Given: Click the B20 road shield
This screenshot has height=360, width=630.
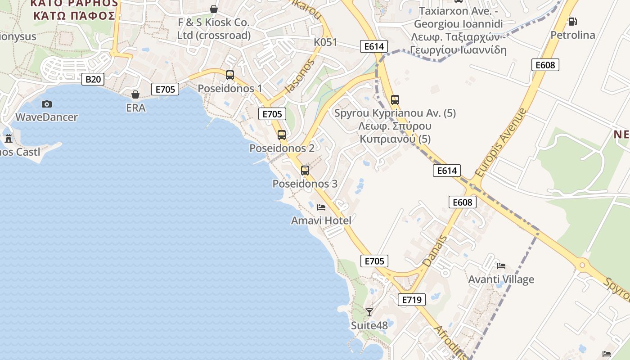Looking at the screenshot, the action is [93, 80].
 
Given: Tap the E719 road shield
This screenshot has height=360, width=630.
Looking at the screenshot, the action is [411, 300].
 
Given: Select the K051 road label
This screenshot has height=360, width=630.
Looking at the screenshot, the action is [325, 42].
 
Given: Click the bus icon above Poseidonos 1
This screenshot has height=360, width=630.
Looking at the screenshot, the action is [230, 75].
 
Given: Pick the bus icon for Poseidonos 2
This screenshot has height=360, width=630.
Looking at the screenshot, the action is [282, 135].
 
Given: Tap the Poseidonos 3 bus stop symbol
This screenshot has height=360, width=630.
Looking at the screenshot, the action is [305, 171].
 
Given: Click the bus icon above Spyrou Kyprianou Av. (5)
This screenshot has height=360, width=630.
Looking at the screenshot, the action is [395, 100].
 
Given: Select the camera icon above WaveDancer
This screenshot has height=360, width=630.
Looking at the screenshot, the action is [46, 104].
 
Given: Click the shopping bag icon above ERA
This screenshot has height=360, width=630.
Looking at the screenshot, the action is [135, 94].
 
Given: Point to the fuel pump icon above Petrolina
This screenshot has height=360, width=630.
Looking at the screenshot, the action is [573, 21].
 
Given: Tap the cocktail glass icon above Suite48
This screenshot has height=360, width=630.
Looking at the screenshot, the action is [369, 311].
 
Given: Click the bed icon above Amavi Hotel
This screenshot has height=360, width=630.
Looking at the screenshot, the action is [321, 207].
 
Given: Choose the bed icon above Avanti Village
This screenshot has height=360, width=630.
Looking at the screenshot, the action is [501, 266].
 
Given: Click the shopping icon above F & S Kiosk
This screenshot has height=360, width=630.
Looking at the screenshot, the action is [214, 9].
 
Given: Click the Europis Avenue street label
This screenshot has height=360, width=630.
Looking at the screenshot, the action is [500, 142].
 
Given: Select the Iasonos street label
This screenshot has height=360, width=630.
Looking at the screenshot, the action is [299, 77].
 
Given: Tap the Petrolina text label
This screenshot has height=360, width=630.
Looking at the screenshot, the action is [573, 35].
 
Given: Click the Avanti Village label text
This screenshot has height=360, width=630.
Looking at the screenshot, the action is [501, 279].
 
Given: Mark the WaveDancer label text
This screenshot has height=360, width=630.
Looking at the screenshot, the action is [46, 117].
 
